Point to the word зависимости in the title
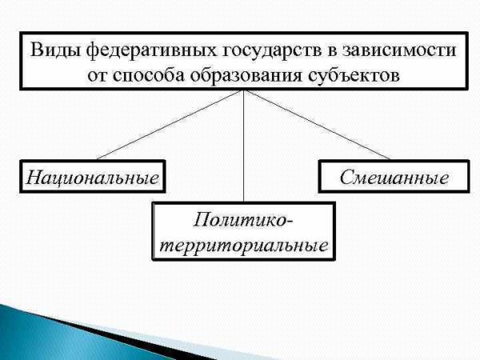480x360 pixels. (398, 50)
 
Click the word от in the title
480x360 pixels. (98, 76)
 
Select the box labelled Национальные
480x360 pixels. (93, 177)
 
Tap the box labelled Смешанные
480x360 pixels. (394, 177)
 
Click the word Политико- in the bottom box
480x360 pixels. (243, 220)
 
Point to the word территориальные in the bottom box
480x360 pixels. (244, 246)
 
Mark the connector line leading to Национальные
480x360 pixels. (170, 125)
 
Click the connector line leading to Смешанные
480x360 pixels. (317, 125)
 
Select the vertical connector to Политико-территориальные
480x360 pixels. (244, 146)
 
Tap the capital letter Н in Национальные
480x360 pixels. (34, 177)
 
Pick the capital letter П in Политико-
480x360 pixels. (201, 220)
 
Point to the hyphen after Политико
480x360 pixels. (290, 222)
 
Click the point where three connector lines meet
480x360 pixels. (244, 90)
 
